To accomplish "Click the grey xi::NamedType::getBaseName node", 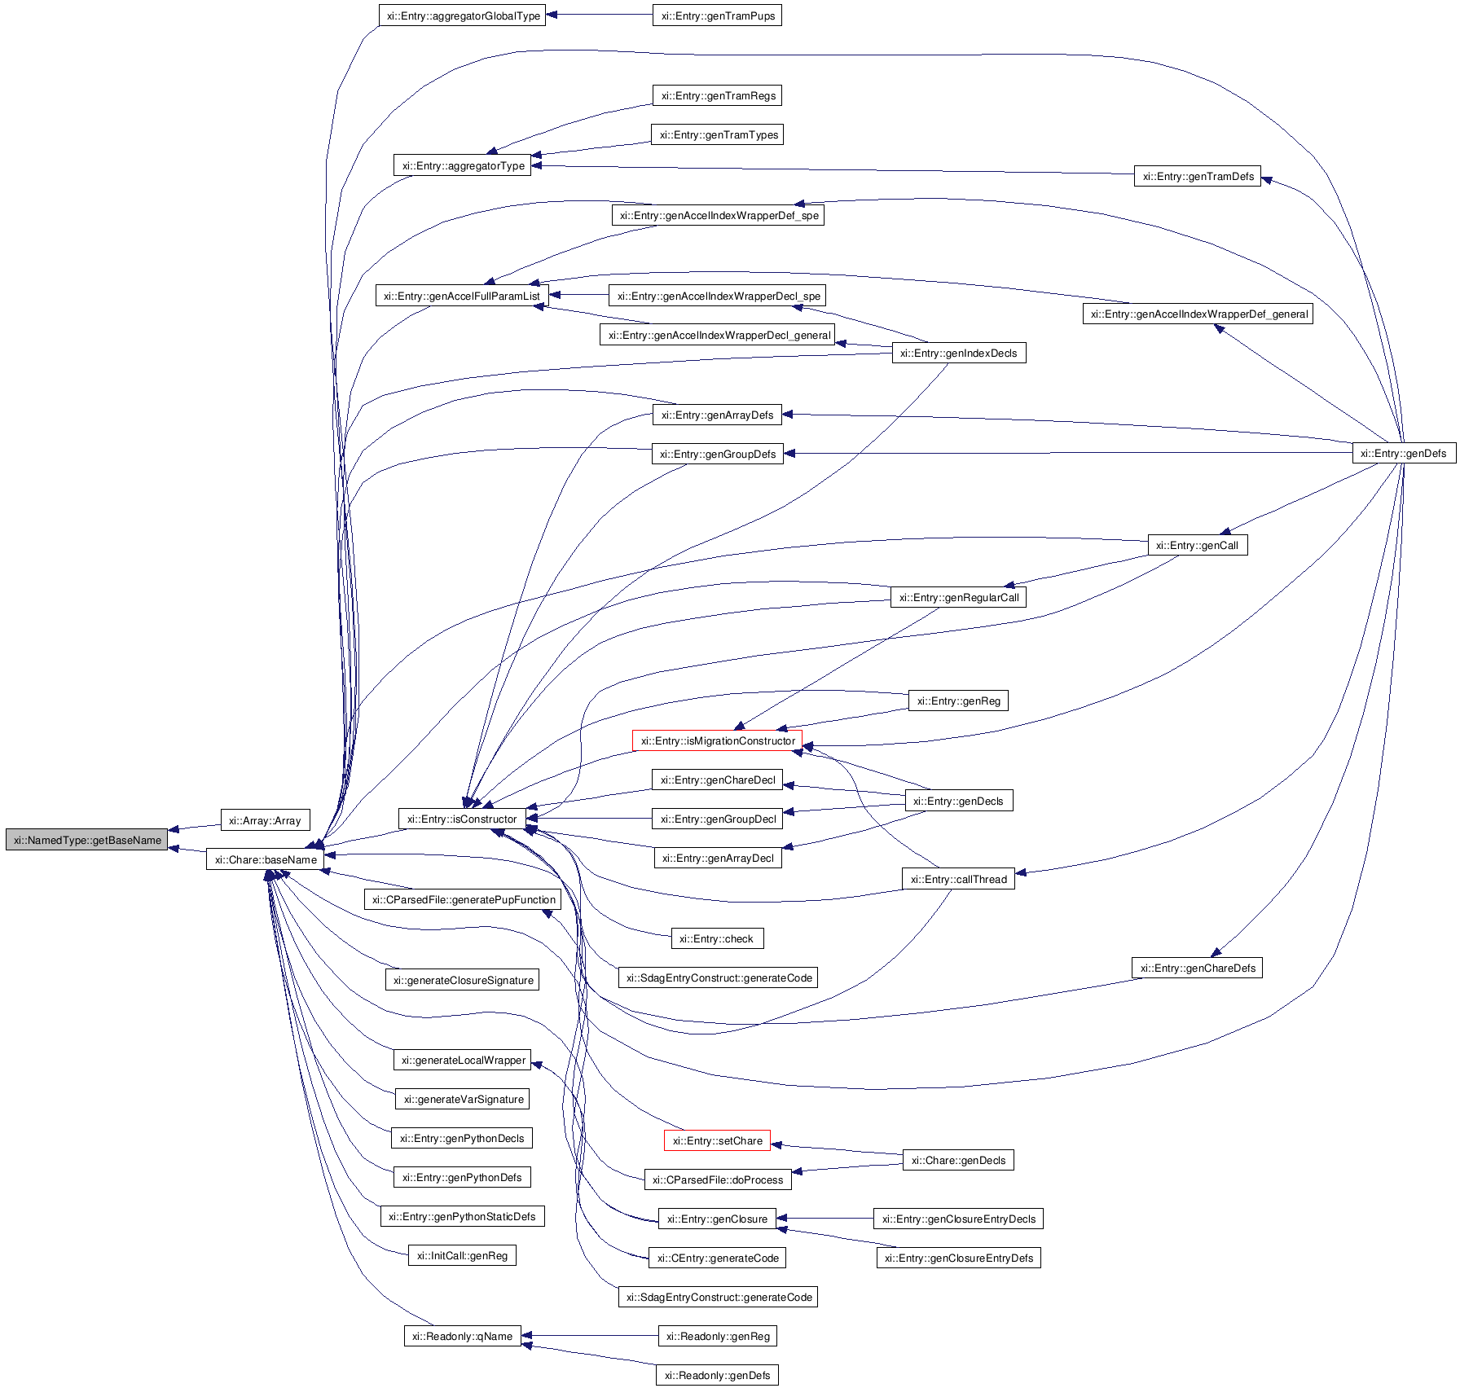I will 87,840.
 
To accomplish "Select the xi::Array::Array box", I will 265,820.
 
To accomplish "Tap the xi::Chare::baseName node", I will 266,859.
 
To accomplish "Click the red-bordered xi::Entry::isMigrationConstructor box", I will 717,740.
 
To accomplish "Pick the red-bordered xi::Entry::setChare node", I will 717,1140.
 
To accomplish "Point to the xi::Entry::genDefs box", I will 1403,453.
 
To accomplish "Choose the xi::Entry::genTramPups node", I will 717,15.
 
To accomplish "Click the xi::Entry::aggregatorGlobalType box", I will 463,15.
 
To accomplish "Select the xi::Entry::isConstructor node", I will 462,819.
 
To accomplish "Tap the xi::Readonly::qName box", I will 462,1336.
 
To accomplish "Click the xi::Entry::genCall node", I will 1197,545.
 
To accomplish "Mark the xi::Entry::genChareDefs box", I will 1197,968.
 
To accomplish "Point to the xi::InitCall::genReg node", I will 462,1255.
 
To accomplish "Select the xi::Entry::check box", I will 717,938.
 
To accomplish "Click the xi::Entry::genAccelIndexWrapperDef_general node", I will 1198,314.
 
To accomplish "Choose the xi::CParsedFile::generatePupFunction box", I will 463,899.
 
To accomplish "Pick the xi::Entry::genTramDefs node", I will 1198,176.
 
